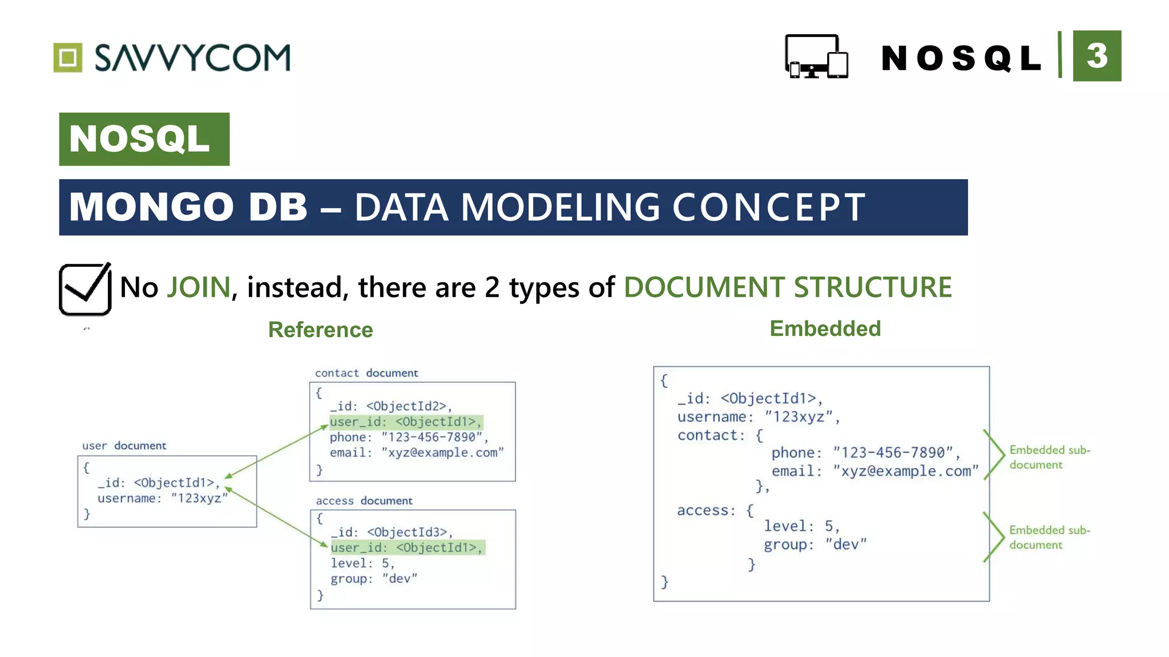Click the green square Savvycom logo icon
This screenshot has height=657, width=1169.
coord(68,58)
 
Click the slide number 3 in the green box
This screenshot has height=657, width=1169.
coord(1097,56)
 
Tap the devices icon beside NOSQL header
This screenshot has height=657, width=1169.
coord(816,56)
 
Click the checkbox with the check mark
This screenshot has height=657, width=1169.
coord(85,289)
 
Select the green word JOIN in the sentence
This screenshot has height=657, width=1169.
coord(198,287)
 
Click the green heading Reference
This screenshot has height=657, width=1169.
coord(320,330)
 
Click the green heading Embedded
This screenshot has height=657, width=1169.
coord(825,328)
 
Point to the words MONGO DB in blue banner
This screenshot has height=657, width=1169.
coord(188,207)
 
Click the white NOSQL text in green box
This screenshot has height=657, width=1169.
coord(140,139)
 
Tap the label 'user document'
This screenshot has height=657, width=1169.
coord(124,445)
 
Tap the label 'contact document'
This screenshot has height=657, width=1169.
coord(366,373)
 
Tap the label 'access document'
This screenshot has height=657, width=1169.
coord(364,501)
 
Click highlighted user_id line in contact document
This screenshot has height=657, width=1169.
coord(405,422)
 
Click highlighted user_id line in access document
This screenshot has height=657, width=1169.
coord(406,547)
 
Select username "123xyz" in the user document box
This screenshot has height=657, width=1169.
coord(162,498)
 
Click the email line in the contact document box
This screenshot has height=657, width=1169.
coord(417,453)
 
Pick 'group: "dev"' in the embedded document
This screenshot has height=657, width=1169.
coord(815,545)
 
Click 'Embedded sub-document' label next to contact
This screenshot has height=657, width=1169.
coord(1049,457)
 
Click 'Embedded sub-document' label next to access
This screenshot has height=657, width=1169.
coord(1049,537)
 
